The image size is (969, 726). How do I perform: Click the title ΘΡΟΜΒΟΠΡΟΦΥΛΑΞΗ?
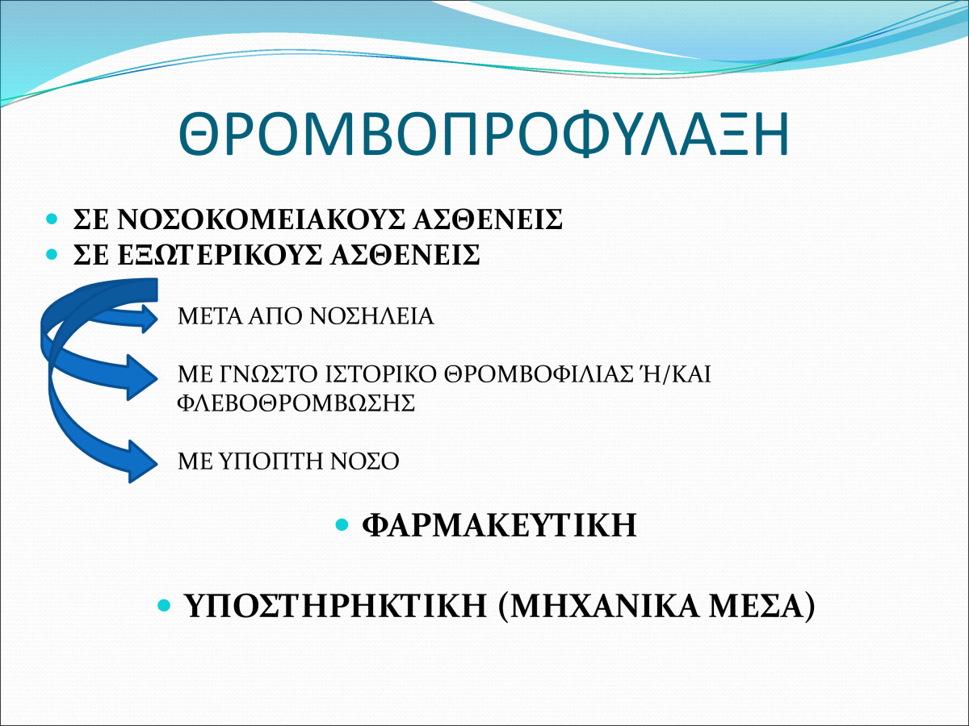pos(484,134)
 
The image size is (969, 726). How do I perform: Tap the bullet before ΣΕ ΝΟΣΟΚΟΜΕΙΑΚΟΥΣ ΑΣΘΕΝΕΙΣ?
pos(52,219)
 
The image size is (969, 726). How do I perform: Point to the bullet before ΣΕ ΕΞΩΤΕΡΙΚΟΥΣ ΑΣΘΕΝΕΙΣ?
pos(52,254)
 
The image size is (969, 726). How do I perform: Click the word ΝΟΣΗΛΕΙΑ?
pos(371,316)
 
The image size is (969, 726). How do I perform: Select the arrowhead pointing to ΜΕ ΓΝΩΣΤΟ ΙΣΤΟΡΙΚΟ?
pos(142,378)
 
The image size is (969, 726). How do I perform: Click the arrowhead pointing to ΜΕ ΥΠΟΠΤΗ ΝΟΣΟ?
pos(143,461)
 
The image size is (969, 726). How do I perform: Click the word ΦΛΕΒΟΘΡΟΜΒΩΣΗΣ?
pos(296,403)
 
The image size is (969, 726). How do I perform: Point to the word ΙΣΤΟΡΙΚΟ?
pos(380,374)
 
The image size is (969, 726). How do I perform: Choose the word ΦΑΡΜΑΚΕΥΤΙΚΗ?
pos(499,524)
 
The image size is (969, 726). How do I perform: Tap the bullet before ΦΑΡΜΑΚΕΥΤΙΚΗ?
pos(342,524)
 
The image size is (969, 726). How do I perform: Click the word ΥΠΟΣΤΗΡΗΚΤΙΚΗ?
pos(335,606)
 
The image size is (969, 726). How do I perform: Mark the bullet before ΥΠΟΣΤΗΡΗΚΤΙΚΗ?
pos(164,605)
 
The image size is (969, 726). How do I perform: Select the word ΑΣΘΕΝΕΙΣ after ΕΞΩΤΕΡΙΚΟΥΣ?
pos(405,254)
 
